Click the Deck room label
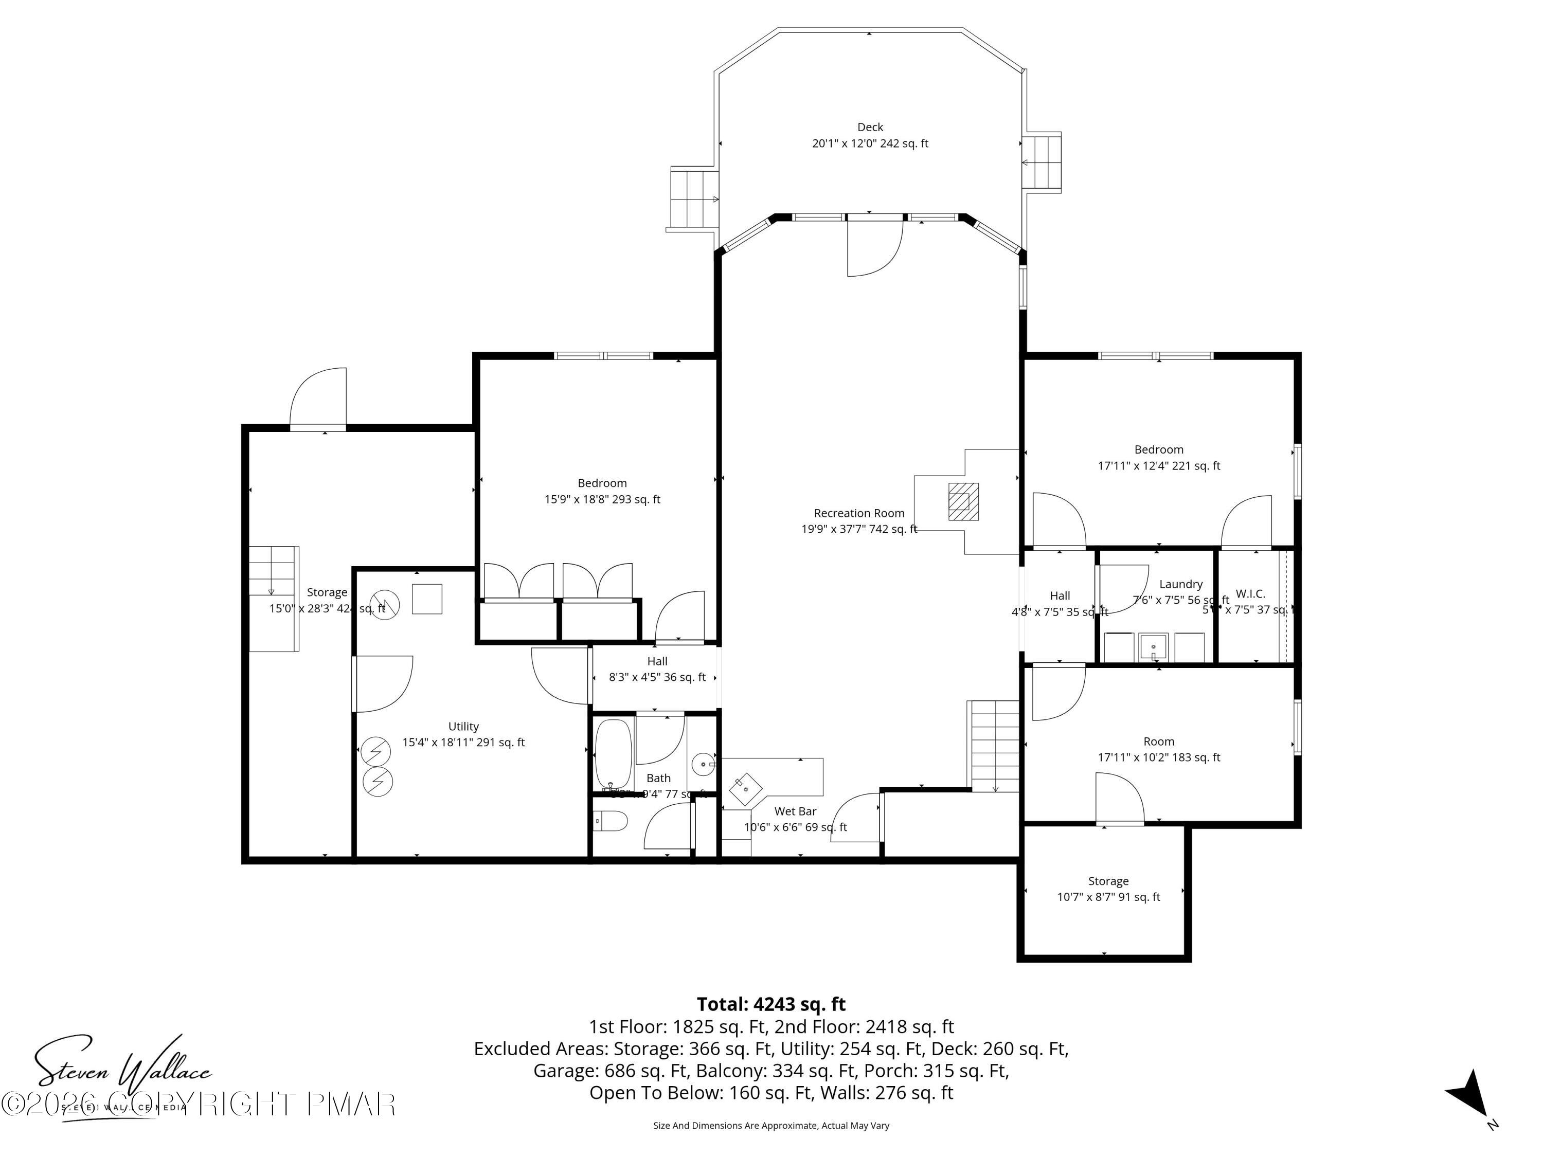click(869, 128)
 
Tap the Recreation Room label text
click(859, 513)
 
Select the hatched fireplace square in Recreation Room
click(963, 501)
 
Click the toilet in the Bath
click(611, 822)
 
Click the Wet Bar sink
click(746, 789)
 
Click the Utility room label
click(463, 727)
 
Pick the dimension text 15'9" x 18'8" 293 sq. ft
click(602, 499)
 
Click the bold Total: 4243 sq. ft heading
click(771, 1004)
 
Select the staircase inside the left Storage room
click(274, 599)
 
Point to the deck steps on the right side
click(1042, 162)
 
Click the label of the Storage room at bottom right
click(1108, 881)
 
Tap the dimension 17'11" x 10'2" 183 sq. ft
click(1159, 757)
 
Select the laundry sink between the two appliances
click(1153, 648)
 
